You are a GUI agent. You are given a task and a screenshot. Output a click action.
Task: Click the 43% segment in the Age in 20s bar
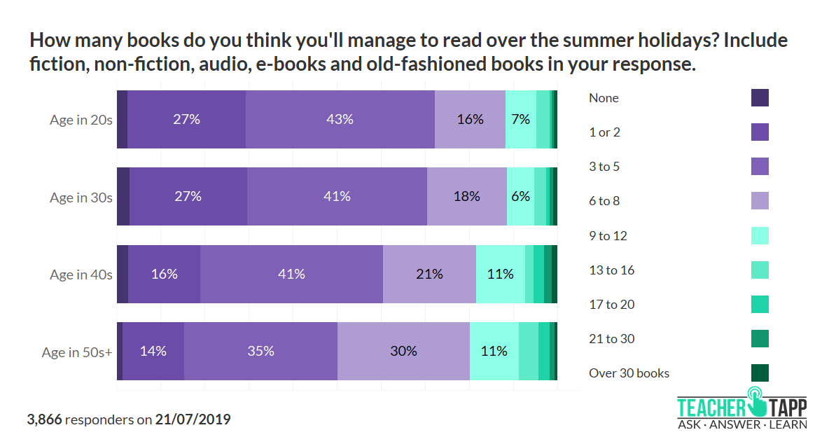point(340,119)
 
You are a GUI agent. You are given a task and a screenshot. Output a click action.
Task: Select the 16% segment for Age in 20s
point(470,119)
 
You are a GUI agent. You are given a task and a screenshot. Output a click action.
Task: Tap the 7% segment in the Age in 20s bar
point(520,119)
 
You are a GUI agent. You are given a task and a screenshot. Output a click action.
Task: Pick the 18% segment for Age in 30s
point(466,197)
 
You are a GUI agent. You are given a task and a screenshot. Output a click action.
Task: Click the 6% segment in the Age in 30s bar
point(520,197)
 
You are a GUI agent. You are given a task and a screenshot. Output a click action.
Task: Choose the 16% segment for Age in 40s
point(164,274)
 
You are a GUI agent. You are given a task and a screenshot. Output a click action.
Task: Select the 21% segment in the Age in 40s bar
point(429,274)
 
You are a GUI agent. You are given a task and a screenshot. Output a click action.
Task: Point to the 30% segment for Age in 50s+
point(403,351)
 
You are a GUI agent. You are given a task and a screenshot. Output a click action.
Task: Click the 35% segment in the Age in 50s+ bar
point(260,351)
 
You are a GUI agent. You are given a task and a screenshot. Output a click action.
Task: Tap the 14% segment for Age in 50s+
point(153,351)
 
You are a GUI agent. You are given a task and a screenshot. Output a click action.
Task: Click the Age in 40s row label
point(81,275)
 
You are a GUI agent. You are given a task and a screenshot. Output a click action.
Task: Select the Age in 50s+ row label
point(77,352)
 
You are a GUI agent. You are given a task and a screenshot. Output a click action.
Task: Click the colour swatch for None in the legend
point(760,97)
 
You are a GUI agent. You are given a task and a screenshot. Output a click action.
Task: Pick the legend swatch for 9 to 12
point(760,235)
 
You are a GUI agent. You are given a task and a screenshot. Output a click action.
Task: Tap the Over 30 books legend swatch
point(760,373)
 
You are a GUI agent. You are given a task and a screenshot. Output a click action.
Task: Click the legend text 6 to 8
point(604,201)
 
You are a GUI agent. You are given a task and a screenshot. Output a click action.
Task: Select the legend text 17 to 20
point(611,304)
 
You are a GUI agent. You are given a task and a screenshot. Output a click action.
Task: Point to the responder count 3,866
point(44,420)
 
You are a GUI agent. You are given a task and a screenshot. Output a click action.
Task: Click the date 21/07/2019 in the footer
point(193,420)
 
